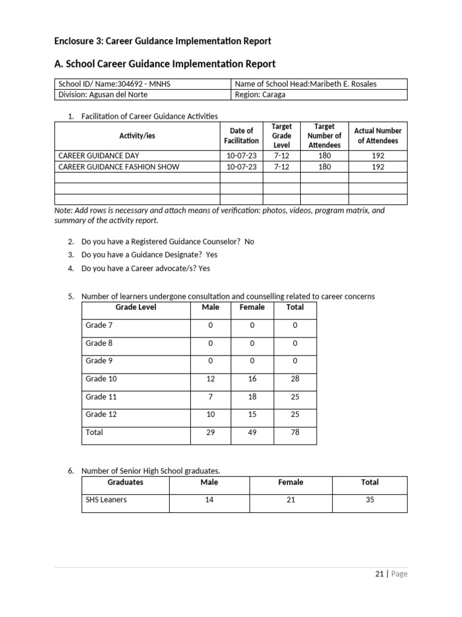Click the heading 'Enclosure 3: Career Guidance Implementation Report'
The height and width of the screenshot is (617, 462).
[162, 41]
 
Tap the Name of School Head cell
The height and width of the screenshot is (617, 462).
[306, 84]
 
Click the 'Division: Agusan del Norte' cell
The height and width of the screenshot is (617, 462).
[103, 95]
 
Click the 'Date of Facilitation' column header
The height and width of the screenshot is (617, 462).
[241, 136]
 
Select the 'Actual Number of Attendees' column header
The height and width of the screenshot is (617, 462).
[378, 136]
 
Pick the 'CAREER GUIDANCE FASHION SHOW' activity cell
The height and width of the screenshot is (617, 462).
[119, 167]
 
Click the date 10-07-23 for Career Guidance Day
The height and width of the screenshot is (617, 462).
[241, 155]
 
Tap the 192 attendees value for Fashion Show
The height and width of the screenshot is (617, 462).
[378, 167]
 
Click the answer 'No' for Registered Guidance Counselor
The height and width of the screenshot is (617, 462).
[249, 242]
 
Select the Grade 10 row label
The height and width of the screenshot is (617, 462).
[101, 379]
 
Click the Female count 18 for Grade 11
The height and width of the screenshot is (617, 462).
[252, 397]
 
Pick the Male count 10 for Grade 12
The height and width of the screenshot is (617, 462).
[211, 415]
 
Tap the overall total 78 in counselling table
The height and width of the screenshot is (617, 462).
[295, 433]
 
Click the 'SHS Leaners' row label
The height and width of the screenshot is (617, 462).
[106, 500]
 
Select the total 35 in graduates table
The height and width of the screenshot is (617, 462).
[369, 500]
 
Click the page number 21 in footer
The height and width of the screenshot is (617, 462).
[379, 574]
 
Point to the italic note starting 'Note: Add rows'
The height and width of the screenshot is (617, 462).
[219, 215]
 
